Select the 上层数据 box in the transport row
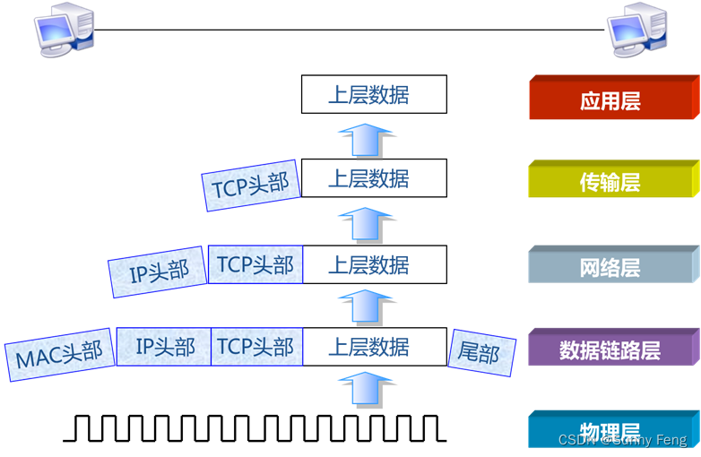coord(373,178)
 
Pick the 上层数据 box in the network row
coord(373,265)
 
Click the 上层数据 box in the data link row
coord(373,347)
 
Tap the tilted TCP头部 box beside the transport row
coord(251,186)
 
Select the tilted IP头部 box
coord(159,272)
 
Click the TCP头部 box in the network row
coord(255,265)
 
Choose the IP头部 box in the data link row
coord(164,347)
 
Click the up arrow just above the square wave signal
coord(366,391)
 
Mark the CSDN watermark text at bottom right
coord(622,440)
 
